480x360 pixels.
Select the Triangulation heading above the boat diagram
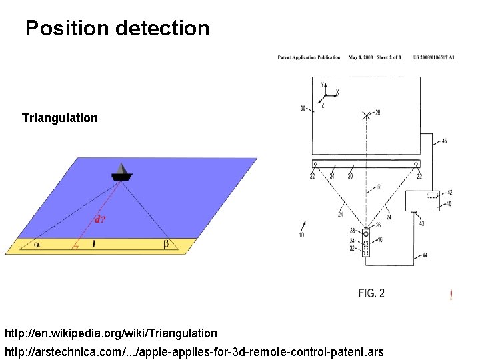(59, 118)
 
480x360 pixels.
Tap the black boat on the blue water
(121, 173)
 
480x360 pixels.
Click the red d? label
(99, 218)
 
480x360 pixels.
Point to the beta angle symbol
(166, 245)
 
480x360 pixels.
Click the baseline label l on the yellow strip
(94, 245)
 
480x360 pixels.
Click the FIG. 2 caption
(371, 293)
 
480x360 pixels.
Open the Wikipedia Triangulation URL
(111, 333)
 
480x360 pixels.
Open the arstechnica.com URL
(194, 351)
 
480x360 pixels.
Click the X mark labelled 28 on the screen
(366, 115)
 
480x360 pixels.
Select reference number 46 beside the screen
(444, 141)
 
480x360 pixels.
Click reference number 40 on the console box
(449, 204)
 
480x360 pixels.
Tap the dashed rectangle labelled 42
(433, 195)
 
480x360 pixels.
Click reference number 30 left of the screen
(303, 108)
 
